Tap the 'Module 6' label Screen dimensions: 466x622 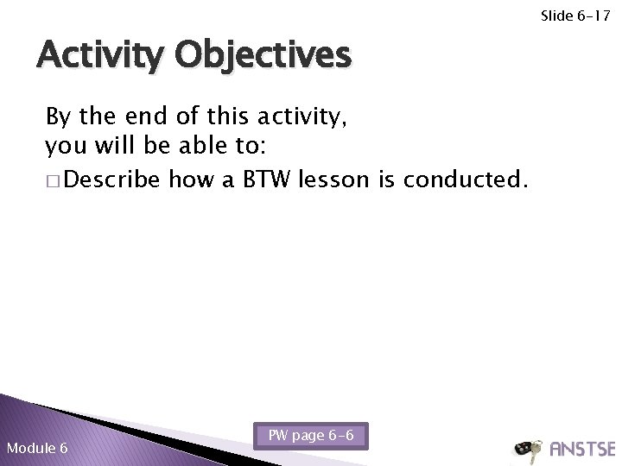coord(36,448)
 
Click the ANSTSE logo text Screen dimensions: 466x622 coord(581,448)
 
